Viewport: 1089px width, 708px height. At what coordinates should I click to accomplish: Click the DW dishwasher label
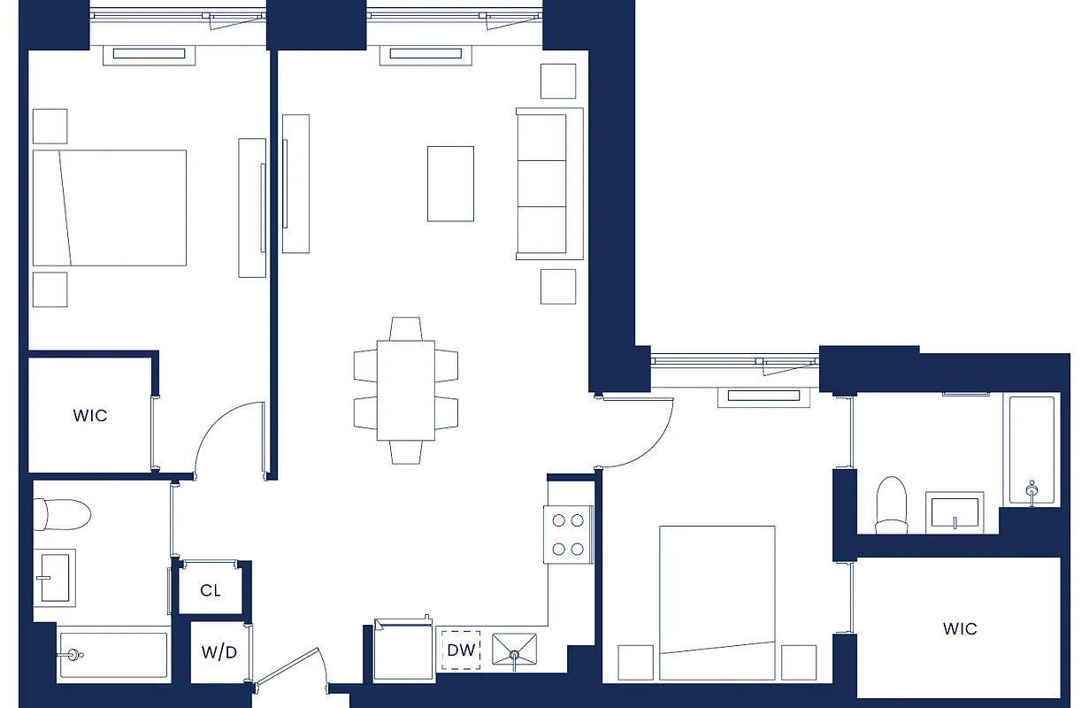(x=461, y=650)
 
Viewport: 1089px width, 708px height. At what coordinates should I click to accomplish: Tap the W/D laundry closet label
(x=219, y=654)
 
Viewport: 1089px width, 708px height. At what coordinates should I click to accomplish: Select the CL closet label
(x=211, y=590)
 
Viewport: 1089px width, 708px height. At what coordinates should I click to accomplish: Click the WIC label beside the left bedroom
(x=90, y=415)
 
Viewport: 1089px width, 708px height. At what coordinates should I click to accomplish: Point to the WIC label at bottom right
(x=960, y=628)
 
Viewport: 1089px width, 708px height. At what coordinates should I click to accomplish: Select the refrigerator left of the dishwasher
(x=403, y=651)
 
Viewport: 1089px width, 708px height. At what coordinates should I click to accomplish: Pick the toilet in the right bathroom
(x=891, y=505)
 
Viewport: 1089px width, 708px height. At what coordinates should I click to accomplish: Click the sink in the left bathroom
(x=55, y=577)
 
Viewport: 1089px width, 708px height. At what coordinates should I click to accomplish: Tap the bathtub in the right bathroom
(x=1031, y=450)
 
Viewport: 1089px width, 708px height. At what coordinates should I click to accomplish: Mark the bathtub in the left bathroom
(x=113, y=656)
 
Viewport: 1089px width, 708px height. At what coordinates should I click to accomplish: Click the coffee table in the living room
(x=450, y=183)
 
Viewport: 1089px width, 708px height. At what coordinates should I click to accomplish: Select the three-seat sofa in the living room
(x=548, y=184)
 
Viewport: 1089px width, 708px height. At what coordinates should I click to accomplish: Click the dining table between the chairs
(x=406, y=390)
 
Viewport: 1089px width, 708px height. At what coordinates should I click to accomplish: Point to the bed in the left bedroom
(x=110, y=207)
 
